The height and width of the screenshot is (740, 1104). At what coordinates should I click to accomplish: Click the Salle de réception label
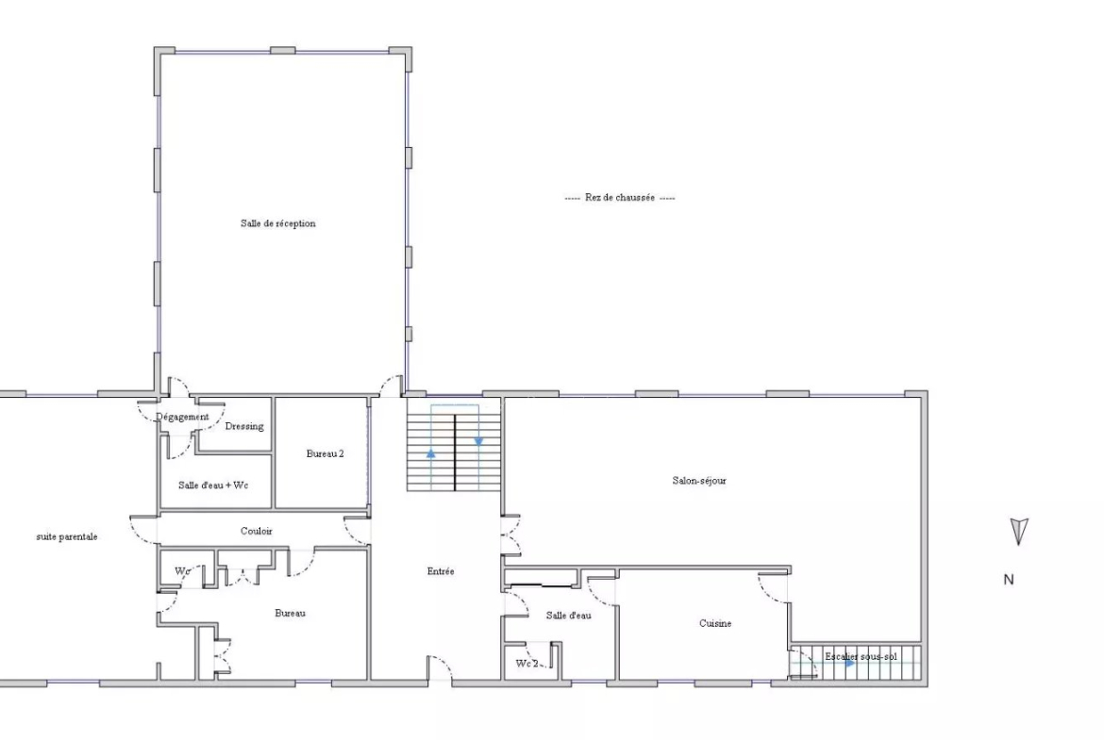[x=278, y=223]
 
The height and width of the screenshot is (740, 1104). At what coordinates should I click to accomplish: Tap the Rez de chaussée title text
[x=620, y=198]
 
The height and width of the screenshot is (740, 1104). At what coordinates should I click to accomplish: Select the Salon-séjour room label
[x=699, y=481]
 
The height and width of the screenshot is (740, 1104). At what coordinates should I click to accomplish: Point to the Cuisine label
[x=715, y=623]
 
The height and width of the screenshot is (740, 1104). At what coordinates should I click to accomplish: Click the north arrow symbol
[x=1019, y=531]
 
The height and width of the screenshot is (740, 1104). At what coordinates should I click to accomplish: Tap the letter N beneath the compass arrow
[x=1009, y=580]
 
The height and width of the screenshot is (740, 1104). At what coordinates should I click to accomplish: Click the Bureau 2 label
[x=326, y=453]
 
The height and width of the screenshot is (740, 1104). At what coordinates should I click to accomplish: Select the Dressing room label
[x=244, y=426]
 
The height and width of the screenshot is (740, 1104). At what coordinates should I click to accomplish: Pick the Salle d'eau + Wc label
[x=213, y=485]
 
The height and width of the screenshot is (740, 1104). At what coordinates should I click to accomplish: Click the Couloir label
[x=257, y=531]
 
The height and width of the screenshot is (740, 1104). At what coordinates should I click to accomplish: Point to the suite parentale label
[x=67, y=536]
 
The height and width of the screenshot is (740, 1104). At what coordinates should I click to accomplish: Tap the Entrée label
[x=441, y=571]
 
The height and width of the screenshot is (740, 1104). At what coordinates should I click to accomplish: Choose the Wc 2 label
[x=527, y=664]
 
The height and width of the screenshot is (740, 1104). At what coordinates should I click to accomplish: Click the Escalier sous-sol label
[x=861, y=657]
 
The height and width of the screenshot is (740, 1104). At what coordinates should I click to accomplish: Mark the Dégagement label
[x=182, y=417]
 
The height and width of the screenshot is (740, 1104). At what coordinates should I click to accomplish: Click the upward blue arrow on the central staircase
[x=431, y=454]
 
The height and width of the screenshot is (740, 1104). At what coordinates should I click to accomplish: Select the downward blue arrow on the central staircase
[x=478, y=442]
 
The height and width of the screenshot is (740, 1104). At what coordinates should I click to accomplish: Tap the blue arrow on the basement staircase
[x=850, y=663]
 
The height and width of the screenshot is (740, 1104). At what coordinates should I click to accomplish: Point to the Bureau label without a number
[x=290, y=614]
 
